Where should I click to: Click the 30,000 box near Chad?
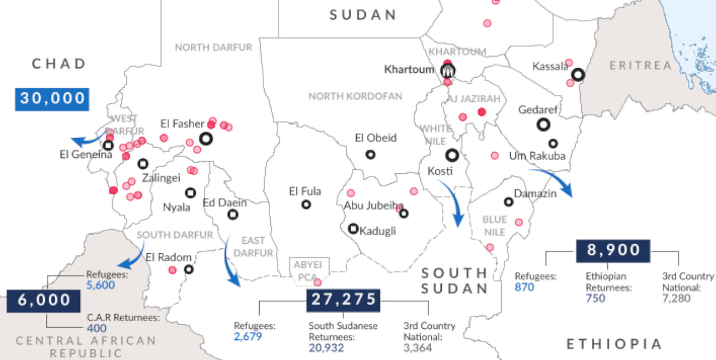point(52,98)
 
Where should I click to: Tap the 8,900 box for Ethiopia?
point(613,250)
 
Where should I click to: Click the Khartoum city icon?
point(447,71)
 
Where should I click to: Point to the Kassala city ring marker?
point(578,74)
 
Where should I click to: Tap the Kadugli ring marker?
point(353,228)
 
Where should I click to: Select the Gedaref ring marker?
point(542,125)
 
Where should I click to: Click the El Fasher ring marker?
point(206,138)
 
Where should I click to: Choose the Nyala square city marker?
point(190,192)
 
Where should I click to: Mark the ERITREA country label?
point(640,65)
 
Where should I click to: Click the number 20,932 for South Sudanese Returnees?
point(326,348)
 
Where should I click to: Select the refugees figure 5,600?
point(101,285)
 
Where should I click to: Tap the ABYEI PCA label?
point(309,270)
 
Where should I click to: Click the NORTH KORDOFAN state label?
point(355,96)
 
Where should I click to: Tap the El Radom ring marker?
point(189,269)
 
